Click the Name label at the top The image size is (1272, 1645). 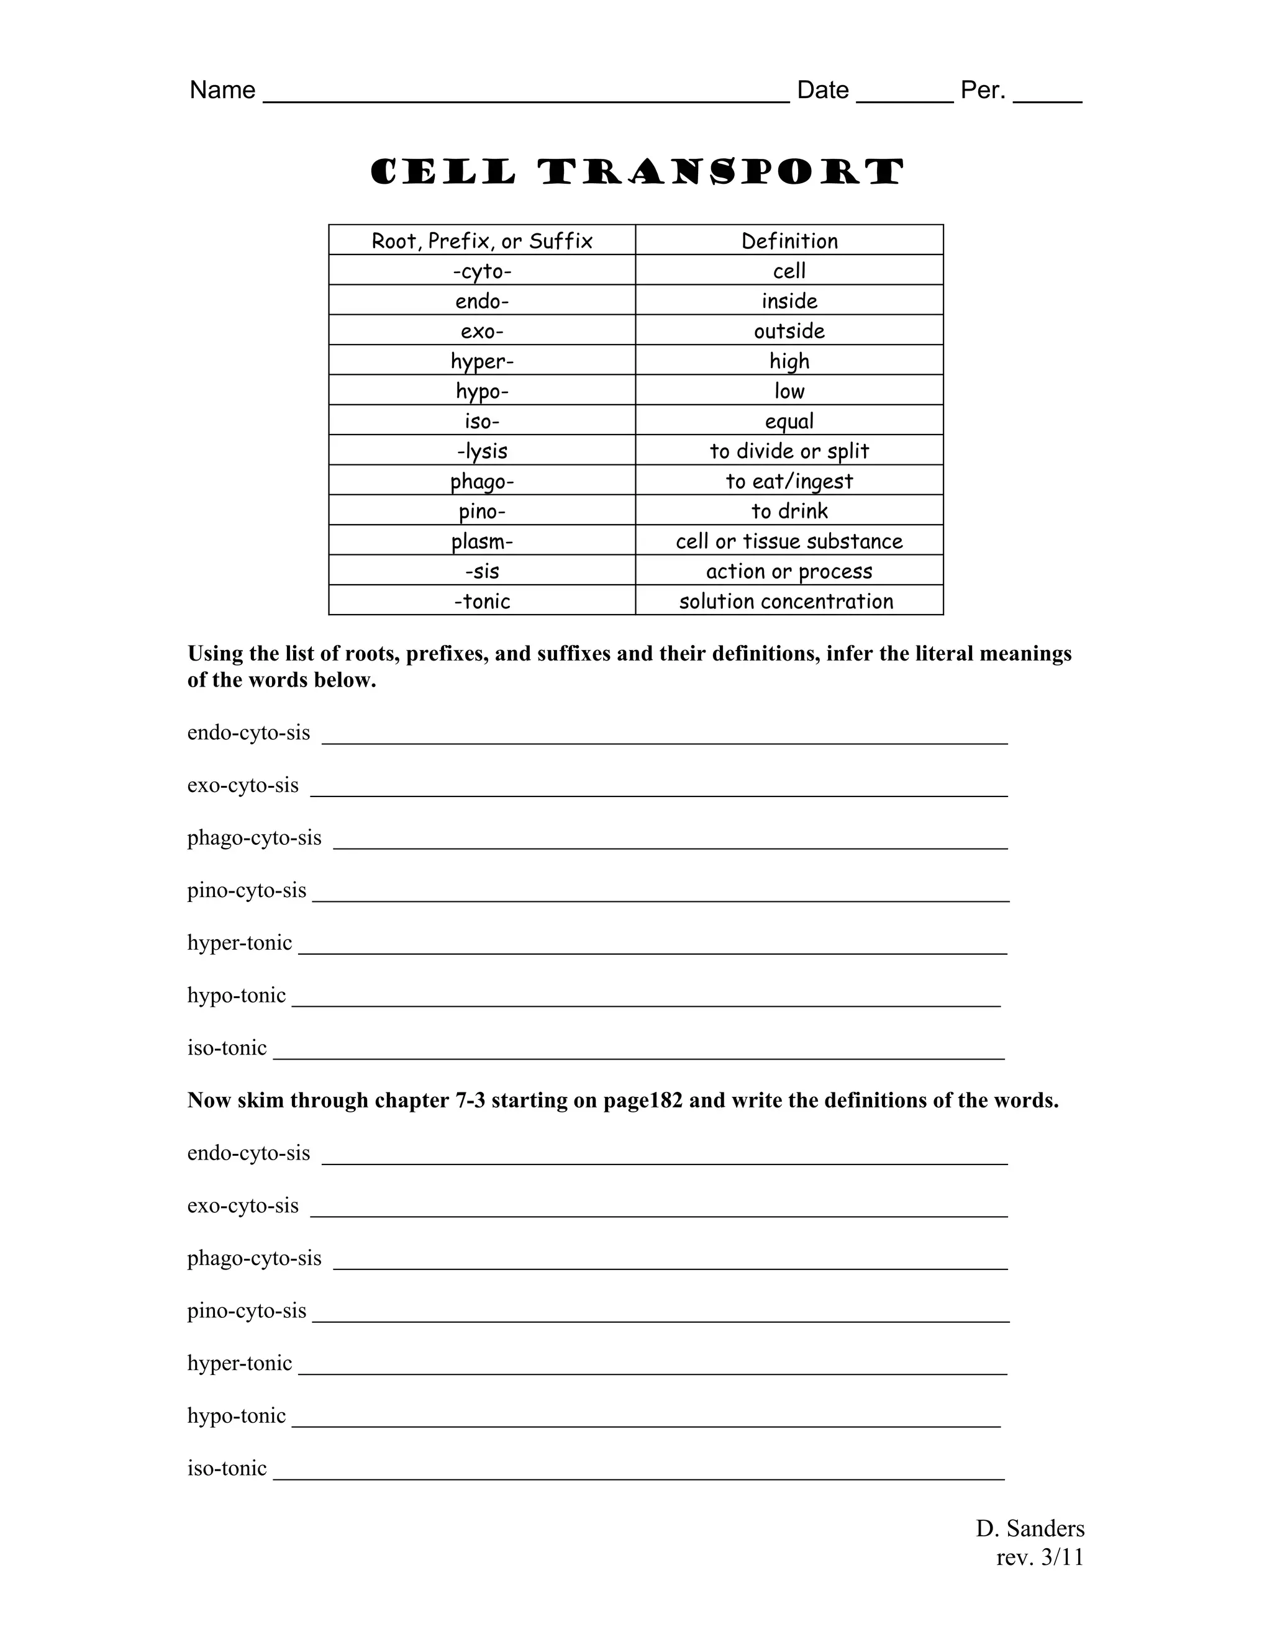[x=222, y=91]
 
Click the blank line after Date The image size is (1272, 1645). [x=904, y=96]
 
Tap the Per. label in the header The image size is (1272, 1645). [x=983, y=91]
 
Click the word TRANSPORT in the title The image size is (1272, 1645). [x=721, y=173]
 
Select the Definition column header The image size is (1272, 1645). [x=789, y=241]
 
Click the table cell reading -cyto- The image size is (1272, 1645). [x=482, y=271]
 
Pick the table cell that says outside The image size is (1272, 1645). [x=789, y=331]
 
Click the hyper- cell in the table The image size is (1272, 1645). [x=482, y=361]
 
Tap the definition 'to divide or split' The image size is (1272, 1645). [x=789, y=451]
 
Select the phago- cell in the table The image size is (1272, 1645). [x=482, y=481]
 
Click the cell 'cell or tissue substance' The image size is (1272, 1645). [x=789, y=541]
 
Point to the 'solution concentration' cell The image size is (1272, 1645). [x=786, y=602]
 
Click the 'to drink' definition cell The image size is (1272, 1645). [x=789, y=512]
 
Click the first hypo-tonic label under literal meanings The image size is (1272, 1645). [x=237, y=996]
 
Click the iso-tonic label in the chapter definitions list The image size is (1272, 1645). [x=227, y=1468]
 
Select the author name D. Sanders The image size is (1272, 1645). [x=1030, y=1528]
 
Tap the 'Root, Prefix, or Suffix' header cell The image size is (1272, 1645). [x=482, y=241]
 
